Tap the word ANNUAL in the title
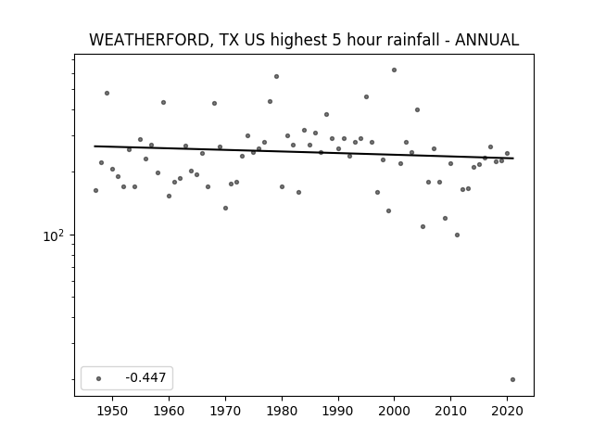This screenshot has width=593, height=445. tap(486, 40)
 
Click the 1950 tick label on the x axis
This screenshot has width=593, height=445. tap(112, 411)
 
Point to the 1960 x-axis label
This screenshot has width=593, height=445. tap(169, 411)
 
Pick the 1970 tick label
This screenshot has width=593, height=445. tap(225, 411)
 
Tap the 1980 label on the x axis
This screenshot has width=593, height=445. tap(282, 411)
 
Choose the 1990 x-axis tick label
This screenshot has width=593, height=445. tap(338, 411)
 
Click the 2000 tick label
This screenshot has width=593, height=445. tap(395, 411)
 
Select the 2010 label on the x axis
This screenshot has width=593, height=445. tap(451, 411)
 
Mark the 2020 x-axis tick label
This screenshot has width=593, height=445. tap(507, 411)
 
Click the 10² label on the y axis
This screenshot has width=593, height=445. tap(54, 235)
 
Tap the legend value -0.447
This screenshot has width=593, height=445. tap(145, 377)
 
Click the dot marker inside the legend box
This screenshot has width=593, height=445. tap(99, 378)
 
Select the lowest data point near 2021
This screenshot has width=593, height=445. tap(512, 379)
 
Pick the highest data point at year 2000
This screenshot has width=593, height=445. tap(394, 70)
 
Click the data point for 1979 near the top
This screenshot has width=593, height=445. tap(276, 76)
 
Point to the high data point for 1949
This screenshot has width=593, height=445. tap(107, 93)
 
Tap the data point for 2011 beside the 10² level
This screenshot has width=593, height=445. tap(457, 235)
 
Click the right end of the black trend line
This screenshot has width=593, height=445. tap(513, 159)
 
